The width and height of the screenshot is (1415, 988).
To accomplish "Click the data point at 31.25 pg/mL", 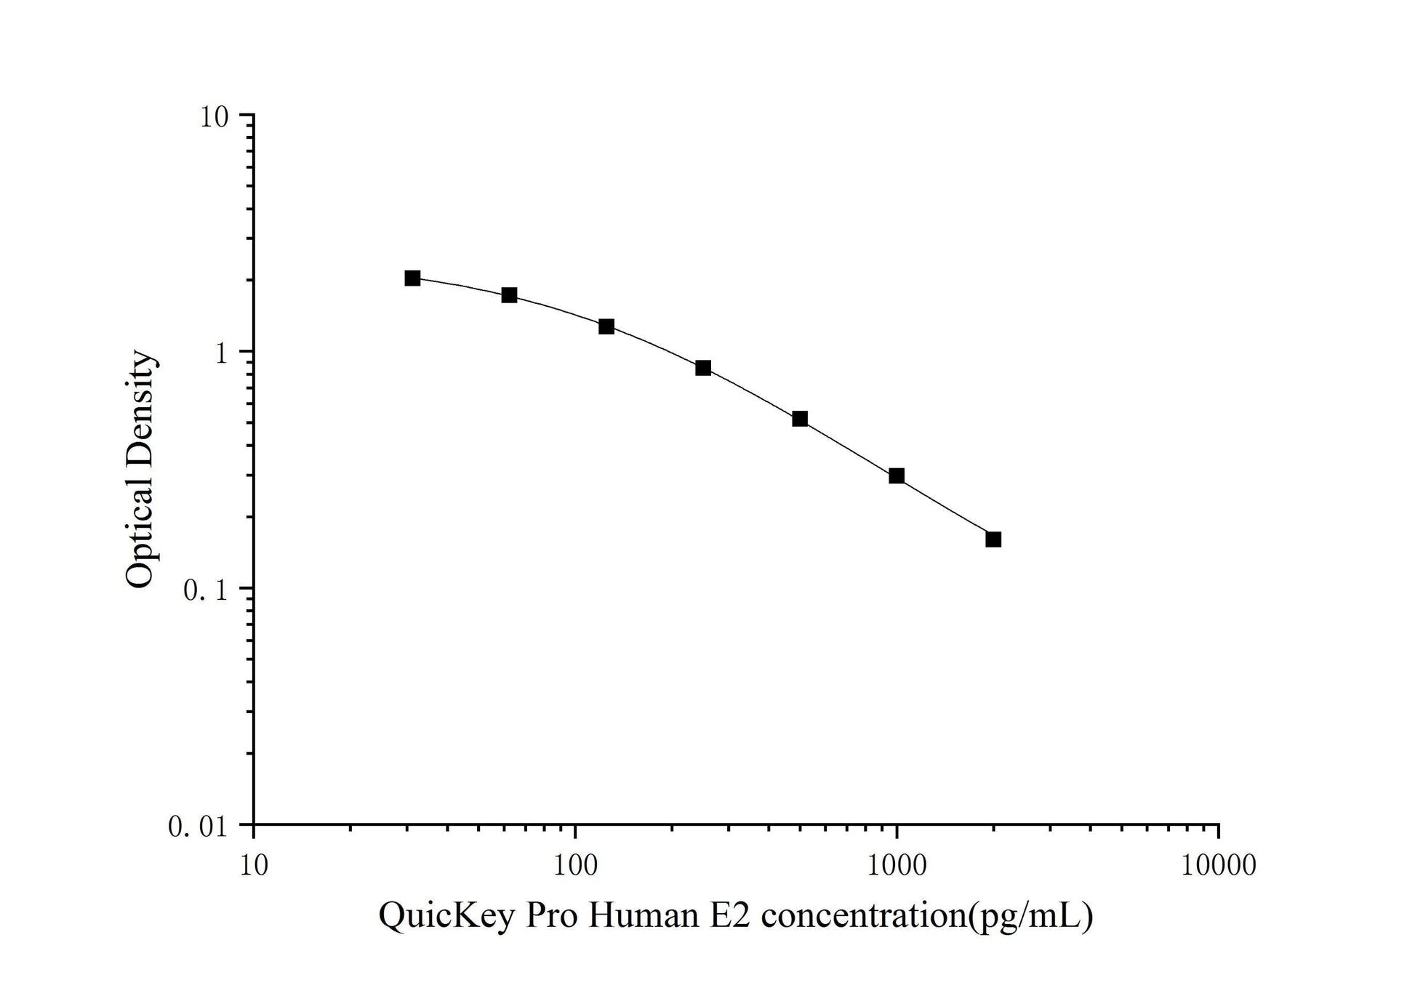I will pyautogui.click(x=412, y=278).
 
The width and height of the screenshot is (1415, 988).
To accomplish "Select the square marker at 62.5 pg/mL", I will pyautogui.click(x=509, y=295).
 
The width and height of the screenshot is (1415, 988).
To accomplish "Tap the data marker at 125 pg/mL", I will pyautogui.click(x=606, y=326).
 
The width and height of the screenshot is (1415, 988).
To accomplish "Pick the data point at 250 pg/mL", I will pyautogui.click(x=703, y=368).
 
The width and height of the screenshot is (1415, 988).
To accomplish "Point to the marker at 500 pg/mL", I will pyautogui.click(x=800, y=419).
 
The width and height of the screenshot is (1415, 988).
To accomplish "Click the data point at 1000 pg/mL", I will pyautogui.click(x=897, y=476).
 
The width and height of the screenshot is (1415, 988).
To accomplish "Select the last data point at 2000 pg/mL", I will pyautogui.click(x=993, y=539).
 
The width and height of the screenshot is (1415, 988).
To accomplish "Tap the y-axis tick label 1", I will pyautogui.click(x=223, y=353).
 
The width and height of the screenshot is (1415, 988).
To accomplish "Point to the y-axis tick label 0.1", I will pyautogui.click(x=206, y=590).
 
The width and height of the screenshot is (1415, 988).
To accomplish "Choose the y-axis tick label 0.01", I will pyautogui.click(x=198, y=827).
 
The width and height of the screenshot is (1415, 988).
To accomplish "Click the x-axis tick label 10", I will pyautogui.click(x=254, y=865).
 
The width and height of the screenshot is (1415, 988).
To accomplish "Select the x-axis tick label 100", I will pyautogui.click(x=576, y=865).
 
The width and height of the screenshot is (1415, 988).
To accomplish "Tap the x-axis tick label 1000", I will pyautogui.click(x=897, y=865).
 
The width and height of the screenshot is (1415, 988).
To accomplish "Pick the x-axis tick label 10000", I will pyautogui.click(x=1219, y=865).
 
